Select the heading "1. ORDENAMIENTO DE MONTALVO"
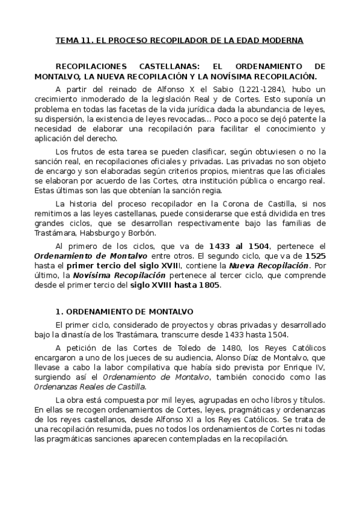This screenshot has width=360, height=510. (124, 312)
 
